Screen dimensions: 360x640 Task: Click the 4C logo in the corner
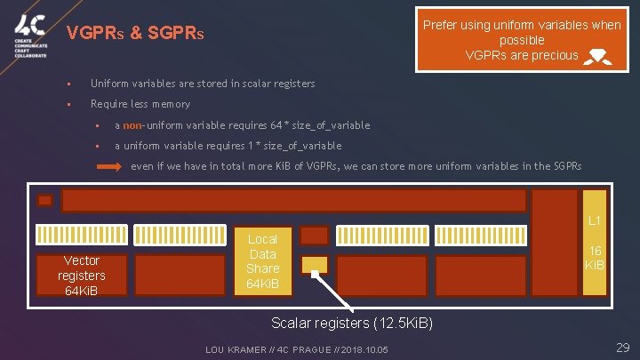(x=29, y=37)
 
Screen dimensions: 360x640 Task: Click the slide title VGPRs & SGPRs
(x=136, y=35)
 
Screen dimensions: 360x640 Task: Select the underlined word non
(x=132, y=126)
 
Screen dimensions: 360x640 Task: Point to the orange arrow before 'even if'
(x=108, y=166)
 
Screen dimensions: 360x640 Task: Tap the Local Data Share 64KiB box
(x=262, y=261)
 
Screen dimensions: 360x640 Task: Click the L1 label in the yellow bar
(x=595, y=220)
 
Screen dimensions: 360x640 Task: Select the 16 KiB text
(x=595, y=259)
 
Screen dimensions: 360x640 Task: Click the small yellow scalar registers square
(x=315, y=265)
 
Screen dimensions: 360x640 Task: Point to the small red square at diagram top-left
(x=44, y=201)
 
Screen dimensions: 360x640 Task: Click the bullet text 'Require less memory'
(x=140, y=104)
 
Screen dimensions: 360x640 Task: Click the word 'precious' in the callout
(x=554, y=56)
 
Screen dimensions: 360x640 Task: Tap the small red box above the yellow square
(x=315, y=235)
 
